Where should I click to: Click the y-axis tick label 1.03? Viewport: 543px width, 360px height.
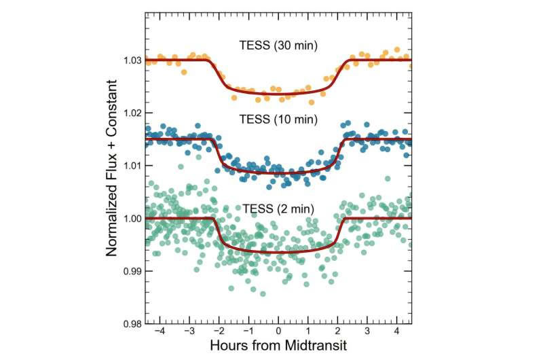point(132,60)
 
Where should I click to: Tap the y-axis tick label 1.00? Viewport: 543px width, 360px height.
point(132,219)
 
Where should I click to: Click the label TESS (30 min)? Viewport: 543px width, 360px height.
point(279,48)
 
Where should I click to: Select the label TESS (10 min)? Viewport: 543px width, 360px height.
point(279,118)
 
